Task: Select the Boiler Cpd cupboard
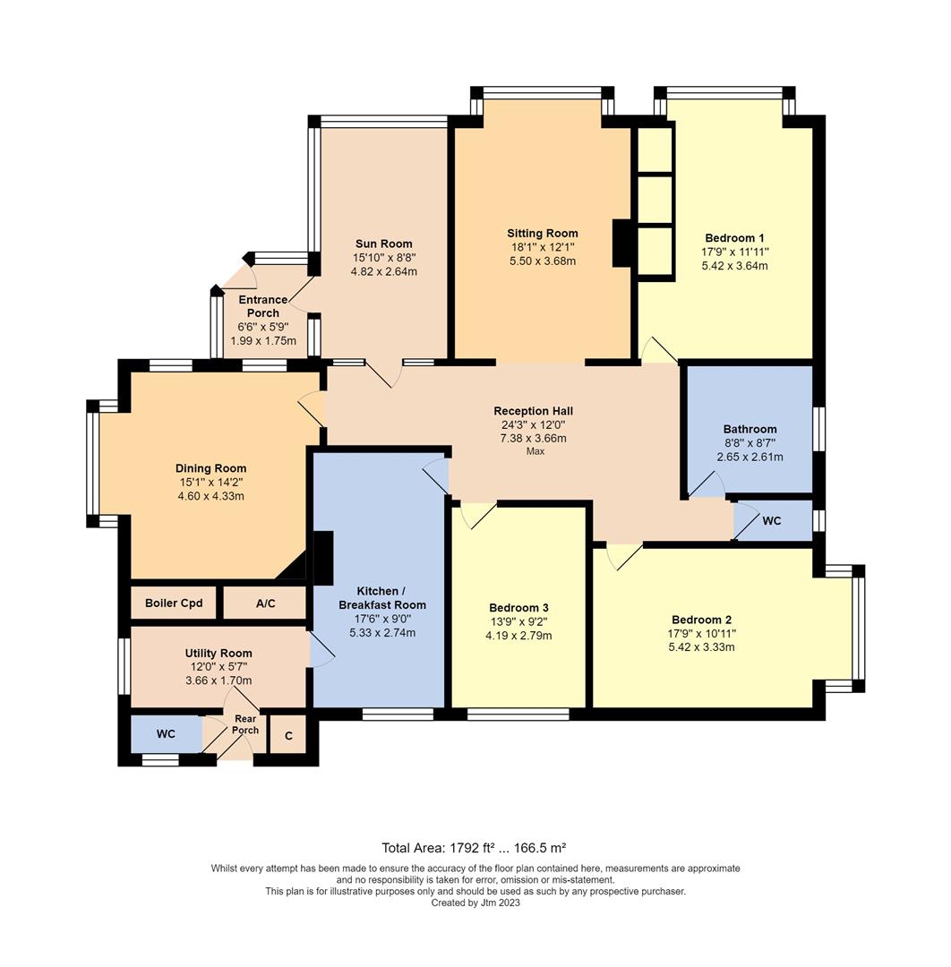(x=174, y=603)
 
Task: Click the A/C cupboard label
(x=265, y=603)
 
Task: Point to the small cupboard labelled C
(x=287, y=735)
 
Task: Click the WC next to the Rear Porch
(x=166, y=734)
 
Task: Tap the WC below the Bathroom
(x=771, y=520)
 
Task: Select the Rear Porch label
(x=245, y=724)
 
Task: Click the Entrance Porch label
(x=262, y=306)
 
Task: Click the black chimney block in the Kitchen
(x=322, y=558)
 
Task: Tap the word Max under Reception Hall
(x=535, y=451)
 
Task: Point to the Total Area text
(x=474, y=847)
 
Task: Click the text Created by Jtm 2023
(x=475, y=903)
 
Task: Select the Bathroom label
(x=750, y=429)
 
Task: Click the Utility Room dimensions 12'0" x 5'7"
(x=218, y=667)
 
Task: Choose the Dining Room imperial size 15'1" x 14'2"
(x=210, y=483)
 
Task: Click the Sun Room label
(x=383, y=244)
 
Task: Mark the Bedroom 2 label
(x=702, y=620)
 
